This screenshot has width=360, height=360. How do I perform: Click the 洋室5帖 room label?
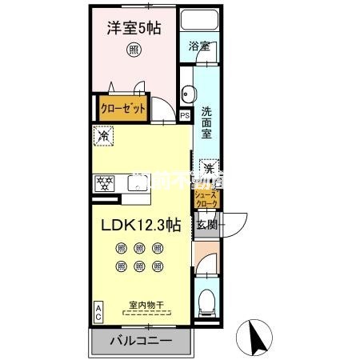pyautogui.click(x=134, y=29)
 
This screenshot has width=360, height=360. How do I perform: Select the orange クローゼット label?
pyautogui.click(x=122, y=109)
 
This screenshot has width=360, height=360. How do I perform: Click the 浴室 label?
pyautogui.click(x=199, y=47)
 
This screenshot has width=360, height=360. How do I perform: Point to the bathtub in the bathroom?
pyautogui.click(x=200, y=22)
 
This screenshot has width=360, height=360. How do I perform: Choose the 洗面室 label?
pyautogui.click(x=206, y=122)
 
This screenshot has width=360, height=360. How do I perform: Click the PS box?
pyautogui.click(x=185, y=114)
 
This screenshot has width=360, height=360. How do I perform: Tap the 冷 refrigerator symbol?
pyautogui.click(x=102, y=137)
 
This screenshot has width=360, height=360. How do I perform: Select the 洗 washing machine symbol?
pyautogui.click(x=207, y=168)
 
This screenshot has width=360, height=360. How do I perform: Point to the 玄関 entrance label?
pyautogui.click(x=207, y=225)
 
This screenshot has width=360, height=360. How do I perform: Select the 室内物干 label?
pyautogui.click(x=146, y=304)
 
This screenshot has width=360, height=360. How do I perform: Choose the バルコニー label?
pyautogui.click(x=141, y=341)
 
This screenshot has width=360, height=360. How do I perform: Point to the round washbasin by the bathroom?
pyautogui.click(x=186, y=90)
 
